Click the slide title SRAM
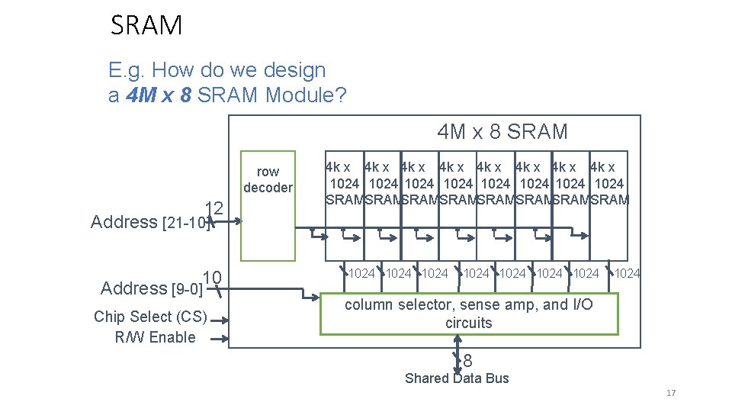(146, 26)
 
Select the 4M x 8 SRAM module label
(502, 132)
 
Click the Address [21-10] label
(149, 222)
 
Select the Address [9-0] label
(152, 288)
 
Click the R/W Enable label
(155, 337)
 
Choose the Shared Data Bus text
(457, 378)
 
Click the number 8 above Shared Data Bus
(467, 361)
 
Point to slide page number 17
(671, 393)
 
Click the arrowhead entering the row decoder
(239, 222)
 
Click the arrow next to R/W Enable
(221, 340)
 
